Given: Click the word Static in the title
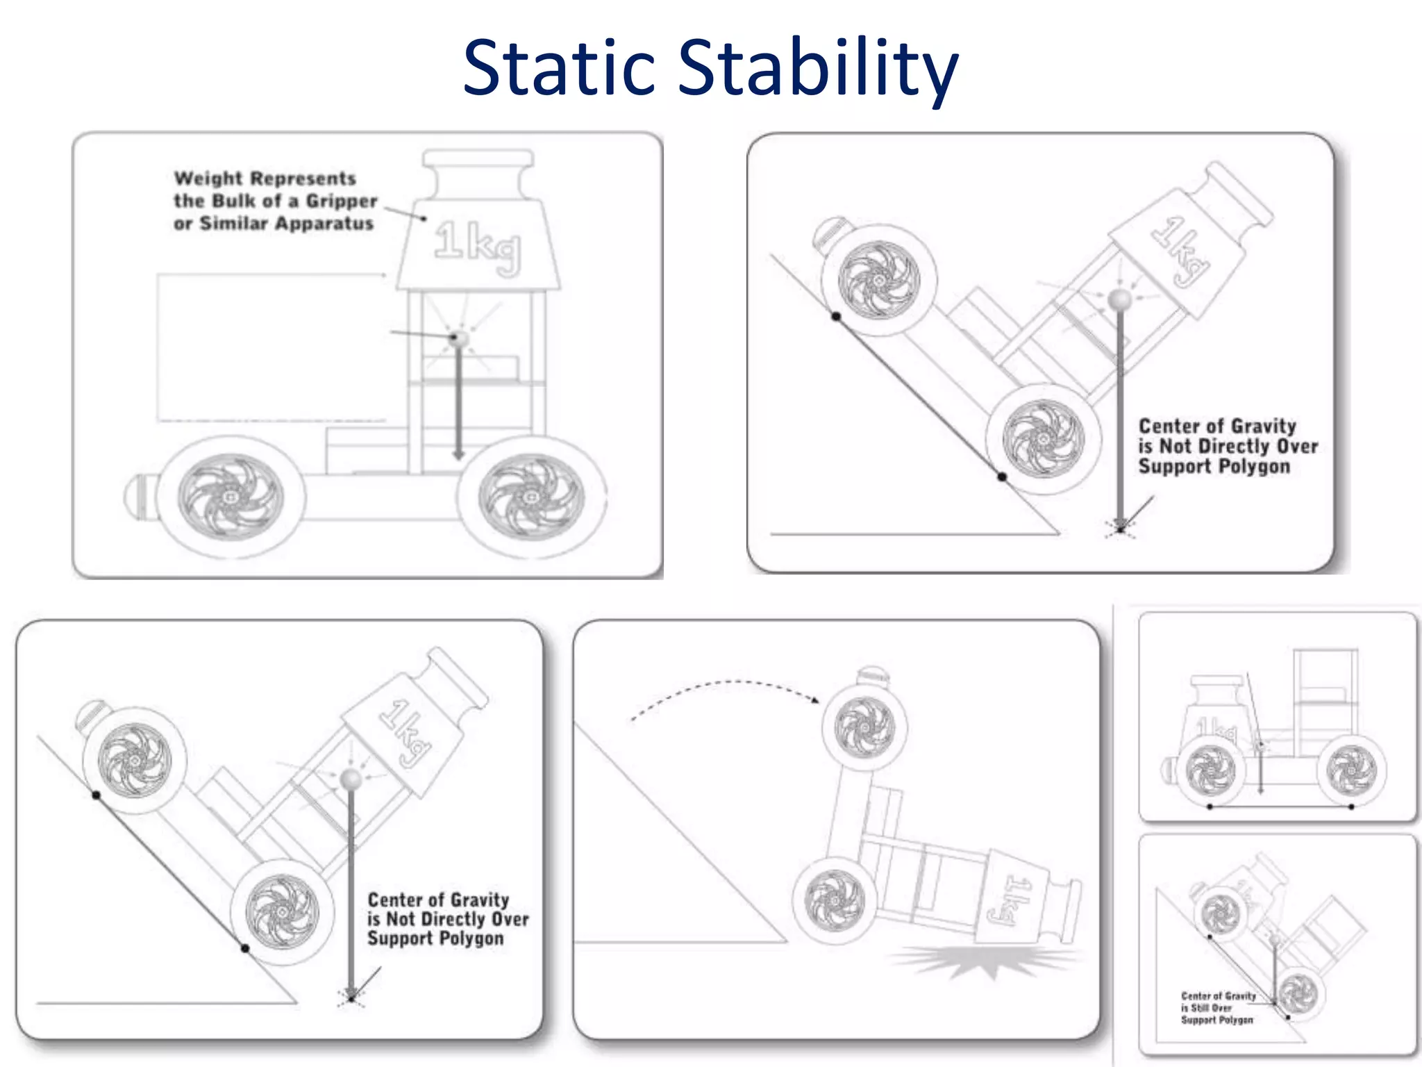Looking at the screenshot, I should coord(559,67).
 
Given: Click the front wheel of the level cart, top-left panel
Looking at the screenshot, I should coord(531,497).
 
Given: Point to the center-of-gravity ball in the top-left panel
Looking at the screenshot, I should coord(458,338).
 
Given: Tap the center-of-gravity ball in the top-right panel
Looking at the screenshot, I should coord(1119,300).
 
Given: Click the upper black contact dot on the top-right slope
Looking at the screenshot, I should coord(836,317).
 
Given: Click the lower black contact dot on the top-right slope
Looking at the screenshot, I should coord(1002,477).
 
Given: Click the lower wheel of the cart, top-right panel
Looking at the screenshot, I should coord(1043,438).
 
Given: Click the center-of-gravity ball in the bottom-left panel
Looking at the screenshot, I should coord(351,779).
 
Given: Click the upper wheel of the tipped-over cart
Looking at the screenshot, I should coord(864,727).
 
